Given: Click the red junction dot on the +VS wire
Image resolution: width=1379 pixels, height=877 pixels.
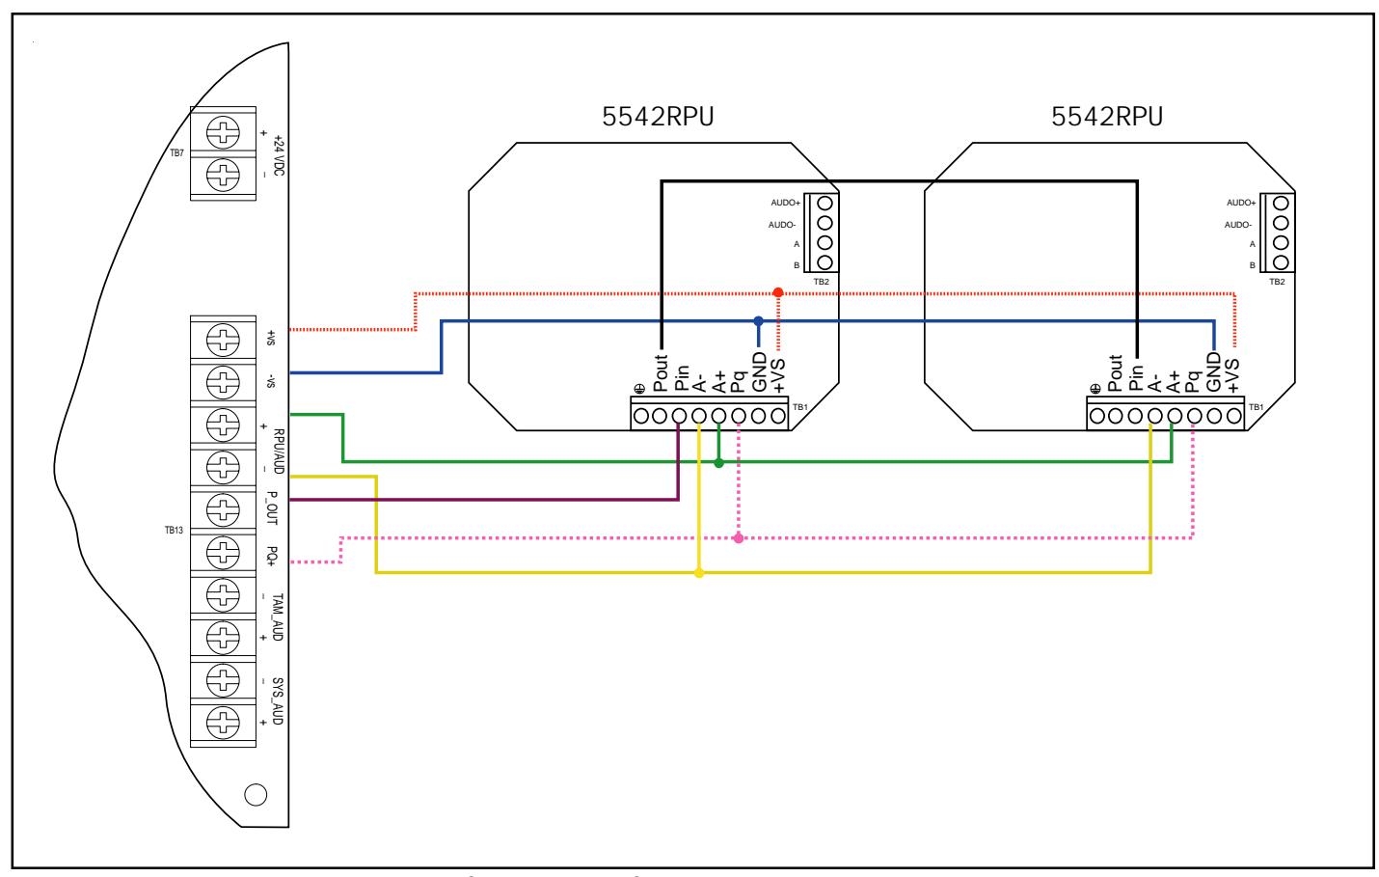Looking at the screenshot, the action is [778, 292].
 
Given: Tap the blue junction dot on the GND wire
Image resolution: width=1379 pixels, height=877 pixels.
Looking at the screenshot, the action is [758, 321].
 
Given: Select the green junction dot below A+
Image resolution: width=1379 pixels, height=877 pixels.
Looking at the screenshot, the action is [718, 462].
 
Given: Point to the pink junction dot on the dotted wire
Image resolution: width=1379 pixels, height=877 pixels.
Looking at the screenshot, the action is [738, 538].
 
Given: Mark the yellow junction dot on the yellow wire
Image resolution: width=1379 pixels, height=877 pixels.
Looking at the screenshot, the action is [699, 573].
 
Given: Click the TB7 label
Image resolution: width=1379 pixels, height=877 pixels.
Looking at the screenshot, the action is [176, 152].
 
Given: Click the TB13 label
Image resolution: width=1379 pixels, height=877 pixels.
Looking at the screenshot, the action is [174, 530].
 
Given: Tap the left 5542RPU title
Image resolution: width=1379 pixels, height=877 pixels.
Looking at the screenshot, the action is [658, 117].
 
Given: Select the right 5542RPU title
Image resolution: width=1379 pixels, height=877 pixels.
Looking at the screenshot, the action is [1107, 117].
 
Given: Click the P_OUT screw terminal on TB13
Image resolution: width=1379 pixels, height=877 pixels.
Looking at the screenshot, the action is [223, 509].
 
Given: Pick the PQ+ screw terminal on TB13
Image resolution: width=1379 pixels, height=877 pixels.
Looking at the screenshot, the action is [223, 552].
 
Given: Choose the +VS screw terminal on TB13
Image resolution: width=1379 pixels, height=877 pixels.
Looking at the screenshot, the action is [223, 339].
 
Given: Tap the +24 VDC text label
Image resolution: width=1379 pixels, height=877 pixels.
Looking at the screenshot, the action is [279, 155].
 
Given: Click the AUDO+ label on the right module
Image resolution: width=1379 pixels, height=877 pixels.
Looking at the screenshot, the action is [1240, 203].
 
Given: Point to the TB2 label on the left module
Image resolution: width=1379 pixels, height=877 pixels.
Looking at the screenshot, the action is [822, 282].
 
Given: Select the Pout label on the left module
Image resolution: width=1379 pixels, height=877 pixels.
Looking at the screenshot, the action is [660, 373].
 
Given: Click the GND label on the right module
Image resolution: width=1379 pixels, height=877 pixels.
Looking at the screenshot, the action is [1213, 372].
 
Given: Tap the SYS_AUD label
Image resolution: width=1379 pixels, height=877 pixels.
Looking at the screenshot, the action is [278, 700].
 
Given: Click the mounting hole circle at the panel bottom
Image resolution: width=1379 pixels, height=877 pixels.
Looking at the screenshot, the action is [256, 794].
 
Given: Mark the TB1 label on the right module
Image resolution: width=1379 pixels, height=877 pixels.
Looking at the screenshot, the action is [1256, 407].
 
